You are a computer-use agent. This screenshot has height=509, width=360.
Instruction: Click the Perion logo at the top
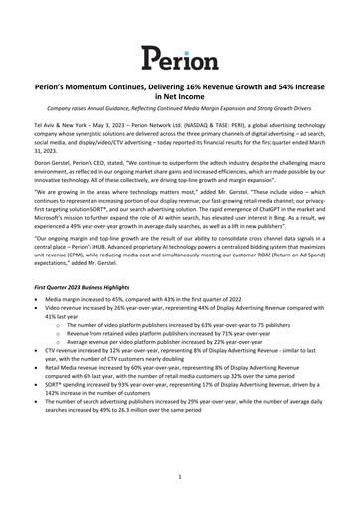pos(179,57)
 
